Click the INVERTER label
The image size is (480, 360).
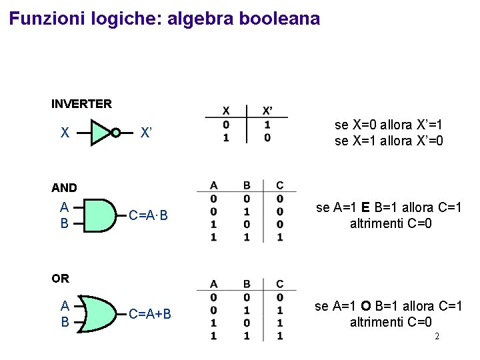click(x=81, y=103)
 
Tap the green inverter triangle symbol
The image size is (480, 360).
click(x=101, y=133)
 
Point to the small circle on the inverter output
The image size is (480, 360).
click(x=115, y=133)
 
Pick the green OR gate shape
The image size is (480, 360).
click(x=101, y=313)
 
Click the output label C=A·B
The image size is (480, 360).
click(x=149, y=215)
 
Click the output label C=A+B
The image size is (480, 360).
click(x=150, y=314)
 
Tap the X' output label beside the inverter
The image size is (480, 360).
click(x=147, y=133)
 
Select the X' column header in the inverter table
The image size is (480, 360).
click(x=267, y=110)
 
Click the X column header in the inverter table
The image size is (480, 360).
click(x=226, y=110)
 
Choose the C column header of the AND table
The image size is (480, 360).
click(x=279, y=185)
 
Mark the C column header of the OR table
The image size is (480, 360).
click(x=279, y=284)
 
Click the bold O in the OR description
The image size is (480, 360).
click(x=366, y=306)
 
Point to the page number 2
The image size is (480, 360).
click(x=437, y=336)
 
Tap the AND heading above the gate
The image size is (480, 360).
click(x=64, y=188)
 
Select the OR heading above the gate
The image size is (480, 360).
click(x=60, y=278)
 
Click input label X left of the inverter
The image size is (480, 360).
click(x=65, y=133)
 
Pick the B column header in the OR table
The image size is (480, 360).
click(x=247, y=284)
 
